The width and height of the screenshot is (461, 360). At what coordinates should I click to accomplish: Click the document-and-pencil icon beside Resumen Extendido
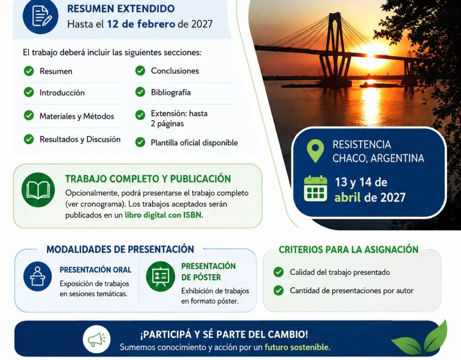(40, 16)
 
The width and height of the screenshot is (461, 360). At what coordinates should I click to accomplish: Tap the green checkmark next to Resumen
(29, 71)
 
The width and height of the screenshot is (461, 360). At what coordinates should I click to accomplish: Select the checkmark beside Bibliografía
(140, 92)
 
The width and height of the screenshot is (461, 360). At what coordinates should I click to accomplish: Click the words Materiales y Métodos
(77, 116)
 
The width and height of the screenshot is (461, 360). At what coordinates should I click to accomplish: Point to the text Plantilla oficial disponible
(194, 143)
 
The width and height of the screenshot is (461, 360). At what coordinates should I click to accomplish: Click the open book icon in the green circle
(38, 190)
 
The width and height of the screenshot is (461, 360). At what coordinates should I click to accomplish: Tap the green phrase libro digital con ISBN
(164, 215)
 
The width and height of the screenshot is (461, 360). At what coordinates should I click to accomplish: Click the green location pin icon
(315, 151)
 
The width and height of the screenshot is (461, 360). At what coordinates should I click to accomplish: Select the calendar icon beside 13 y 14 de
(315, 188)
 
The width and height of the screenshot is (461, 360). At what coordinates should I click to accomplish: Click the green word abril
(348, 197)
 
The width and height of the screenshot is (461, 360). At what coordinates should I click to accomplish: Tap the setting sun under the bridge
(371, 55)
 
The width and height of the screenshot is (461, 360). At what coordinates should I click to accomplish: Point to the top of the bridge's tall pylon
(338, 13)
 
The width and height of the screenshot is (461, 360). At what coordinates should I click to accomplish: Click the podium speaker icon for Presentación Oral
(37, 276)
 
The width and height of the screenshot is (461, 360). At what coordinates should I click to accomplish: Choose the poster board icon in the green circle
(160, 276)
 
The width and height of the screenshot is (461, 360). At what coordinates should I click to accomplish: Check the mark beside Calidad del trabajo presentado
(279, 272)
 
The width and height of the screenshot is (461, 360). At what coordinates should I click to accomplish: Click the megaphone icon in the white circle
(97, 339)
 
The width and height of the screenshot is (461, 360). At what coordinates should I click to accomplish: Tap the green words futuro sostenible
(297, 347)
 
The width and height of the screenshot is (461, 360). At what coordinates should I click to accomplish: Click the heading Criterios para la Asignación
(349, 250)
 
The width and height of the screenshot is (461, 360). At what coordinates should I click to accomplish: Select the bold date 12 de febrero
(141, 24)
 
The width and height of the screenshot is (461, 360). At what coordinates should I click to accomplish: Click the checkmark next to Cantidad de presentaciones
(279, 290)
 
